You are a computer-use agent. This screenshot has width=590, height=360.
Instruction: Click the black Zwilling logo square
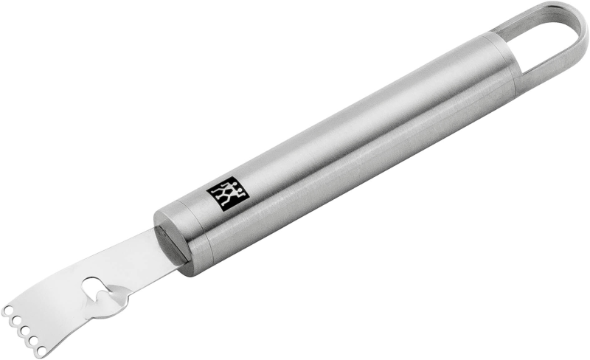(228, 192)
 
